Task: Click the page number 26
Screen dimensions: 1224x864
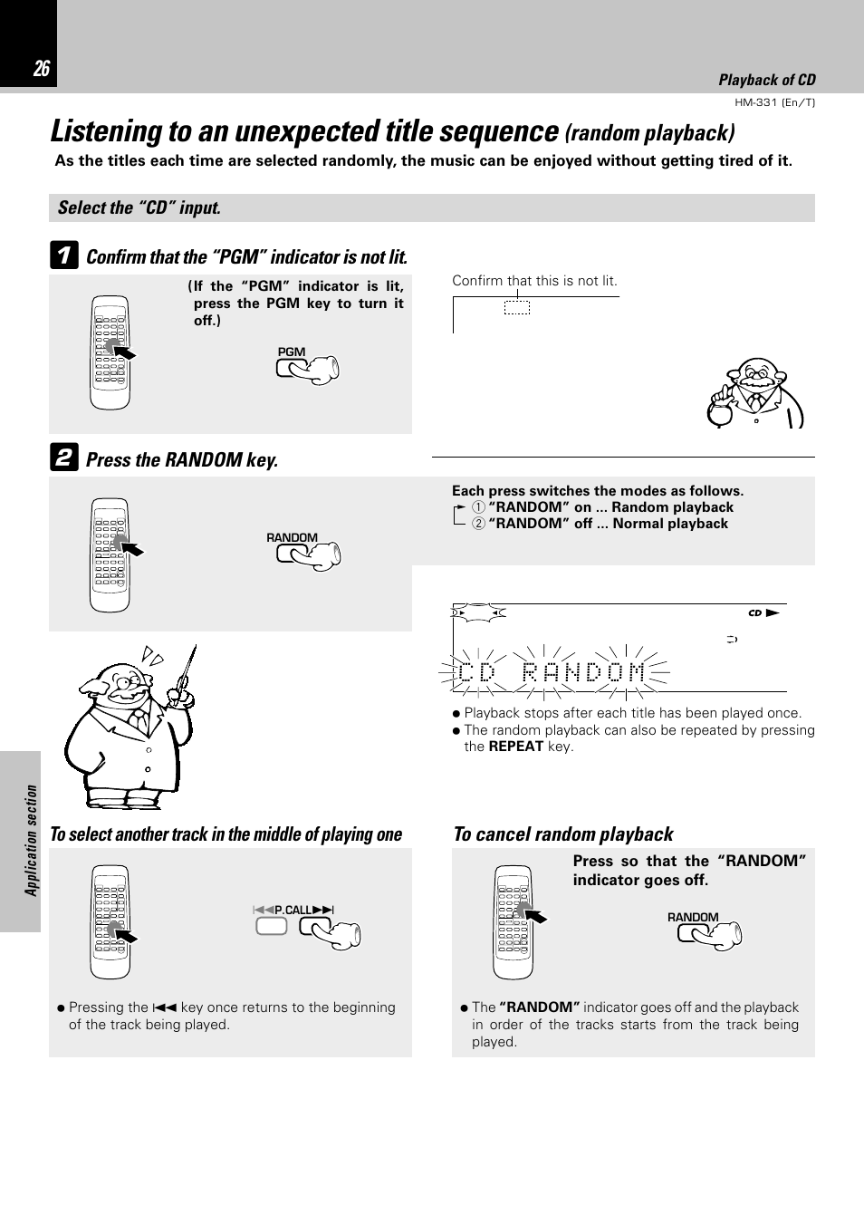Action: coord(42,69)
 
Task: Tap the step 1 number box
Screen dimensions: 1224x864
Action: coord(62,256)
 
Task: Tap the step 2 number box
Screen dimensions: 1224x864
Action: coord(62,458)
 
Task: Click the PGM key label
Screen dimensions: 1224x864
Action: coord(291,352)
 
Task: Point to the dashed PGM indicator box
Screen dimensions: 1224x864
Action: coord(516,308)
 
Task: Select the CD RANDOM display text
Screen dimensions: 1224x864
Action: coord(552,673)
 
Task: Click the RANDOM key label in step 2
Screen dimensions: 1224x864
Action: coord(292,537)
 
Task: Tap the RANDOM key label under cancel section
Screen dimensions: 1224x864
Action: coord(693,917)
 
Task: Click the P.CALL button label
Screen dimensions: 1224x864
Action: coord(293,909)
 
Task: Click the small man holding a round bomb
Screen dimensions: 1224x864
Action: coord(754,394)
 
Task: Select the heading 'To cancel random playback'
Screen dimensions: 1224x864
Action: coord(563,834)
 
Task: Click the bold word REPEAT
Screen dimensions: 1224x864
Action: coord(515,747)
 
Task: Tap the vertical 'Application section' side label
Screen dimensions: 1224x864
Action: coord(32,840)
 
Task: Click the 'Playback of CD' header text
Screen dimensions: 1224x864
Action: coord(766,80)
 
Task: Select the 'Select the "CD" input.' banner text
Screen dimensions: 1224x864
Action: coord(139,207)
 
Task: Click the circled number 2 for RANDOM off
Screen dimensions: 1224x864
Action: coord(477,524)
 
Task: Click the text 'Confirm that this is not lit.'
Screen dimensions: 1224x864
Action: coord(534,281)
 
